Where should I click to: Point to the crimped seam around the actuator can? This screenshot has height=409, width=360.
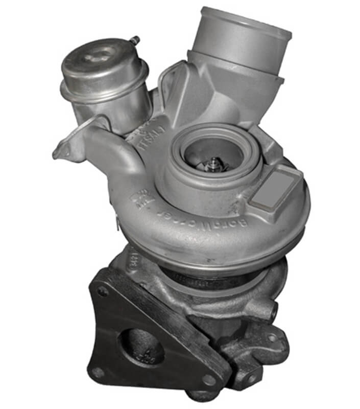click(105, 92)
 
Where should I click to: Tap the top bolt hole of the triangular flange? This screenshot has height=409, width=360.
click(103, 291)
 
